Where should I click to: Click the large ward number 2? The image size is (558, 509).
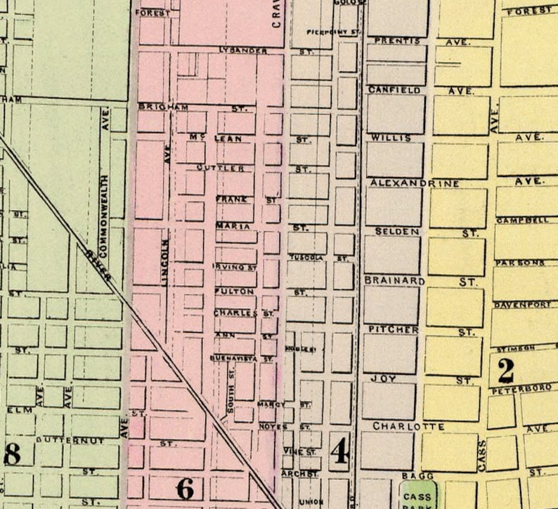click(506, 369)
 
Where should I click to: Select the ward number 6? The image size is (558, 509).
click(185, 488)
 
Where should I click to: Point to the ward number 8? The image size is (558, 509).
click(12, 454)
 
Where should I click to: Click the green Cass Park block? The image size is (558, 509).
click(417, 496)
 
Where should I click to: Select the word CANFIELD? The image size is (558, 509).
click(395, 91)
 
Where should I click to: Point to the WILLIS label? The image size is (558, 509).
click(391, 137)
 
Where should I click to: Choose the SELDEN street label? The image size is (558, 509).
click(397, 231)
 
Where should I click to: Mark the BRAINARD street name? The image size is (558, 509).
click(395, 281)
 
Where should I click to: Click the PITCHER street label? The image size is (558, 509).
click(394, 329)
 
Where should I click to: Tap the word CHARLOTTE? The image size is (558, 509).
click(408, 426)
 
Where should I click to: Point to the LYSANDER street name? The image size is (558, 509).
click(242, 51)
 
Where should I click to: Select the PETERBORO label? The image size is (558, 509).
click(521, 388)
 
